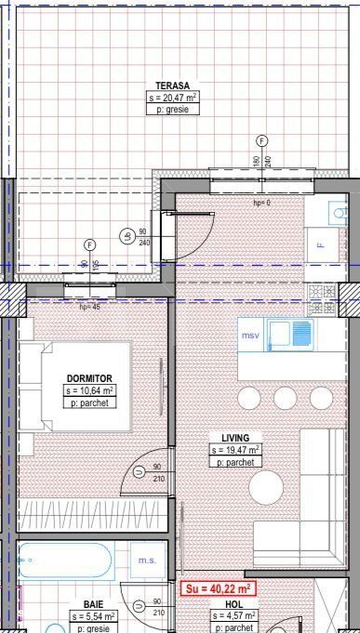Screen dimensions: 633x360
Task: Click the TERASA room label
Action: click(172, 84)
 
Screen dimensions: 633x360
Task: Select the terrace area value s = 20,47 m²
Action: click(172, 97)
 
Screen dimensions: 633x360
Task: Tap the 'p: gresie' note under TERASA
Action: click(172, 109)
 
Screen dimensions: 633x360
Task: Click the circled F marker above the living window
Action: click(261, 140)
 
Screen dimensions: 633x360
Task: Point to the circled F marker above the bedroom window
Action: click(89, 244)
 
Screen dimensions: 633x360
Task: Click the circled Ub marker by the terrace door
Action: click(126, 236)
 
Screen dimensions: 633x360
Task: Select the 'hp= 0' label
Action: click(261, 202)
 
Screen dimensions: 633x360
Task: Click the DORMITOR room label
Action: click(89, 378)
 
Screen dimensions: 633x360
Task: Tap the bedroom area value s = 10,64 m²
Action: click(89, 391)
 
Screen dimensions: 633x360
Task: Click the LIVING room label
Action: click(235, 437)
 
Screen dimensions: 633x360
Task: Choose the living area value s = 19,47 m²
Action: click(235, 450)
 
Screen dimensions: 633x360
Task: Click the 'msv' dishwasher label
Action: click(250, 335)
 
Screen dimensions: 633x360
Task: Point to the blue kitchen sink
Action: click(291, 334)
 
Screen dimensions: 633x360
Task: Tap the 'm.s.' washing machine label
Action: click(147, 560)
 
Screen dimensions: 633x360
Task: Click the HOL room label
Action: click(234, 603)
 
